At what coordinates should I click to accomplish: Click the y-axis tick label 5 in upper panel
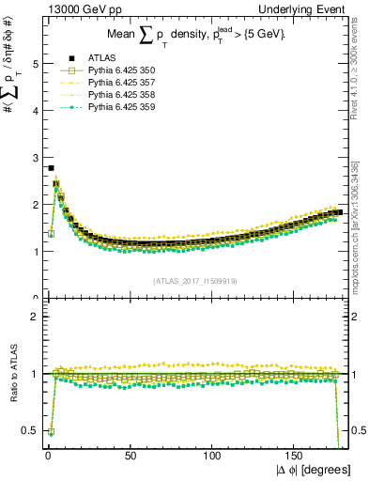[34, 64]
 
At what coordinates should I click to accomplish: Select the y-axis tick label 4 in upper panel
[34, 111]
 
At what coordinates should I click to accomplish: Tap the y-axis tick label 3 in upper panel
[34, 158]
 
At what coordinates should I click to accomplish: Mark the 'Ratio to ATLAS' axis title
[14, 374]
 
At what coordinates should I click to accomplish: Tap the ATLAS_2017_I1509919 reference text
[193, 281]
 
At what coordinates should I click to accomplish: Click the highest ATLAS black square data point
[50, 168]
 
